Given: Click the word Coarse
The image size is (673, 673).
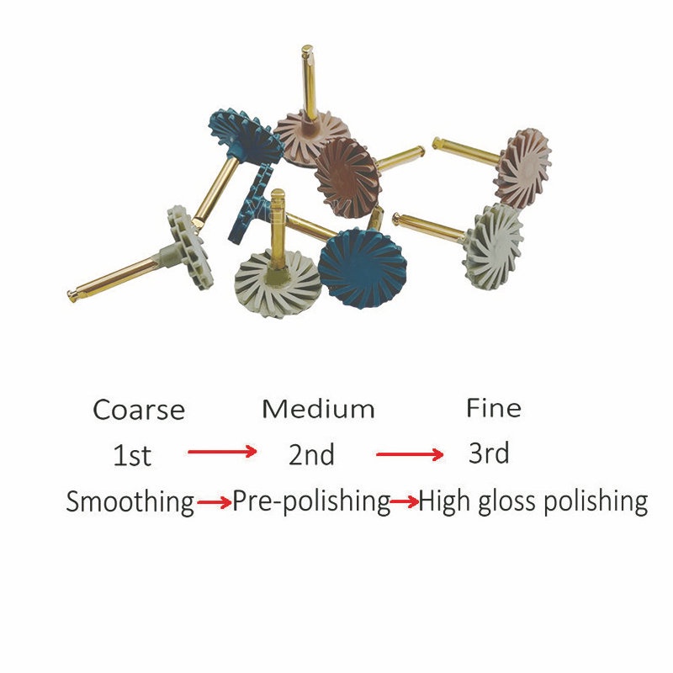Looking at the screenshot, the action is tap(139, 410).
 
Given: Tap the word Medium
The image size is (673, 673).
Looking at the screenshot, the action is tap(318, 408).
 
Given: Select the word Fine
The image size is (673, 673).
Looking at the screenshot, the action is tap(494, 408).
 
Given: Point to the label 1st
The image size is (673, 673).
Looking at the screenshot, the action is tap(132, 455).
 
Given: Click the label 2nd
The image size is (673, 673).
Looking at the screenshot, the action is tap(311, 454).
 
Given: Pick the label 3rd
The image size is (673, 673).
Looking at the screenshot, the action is tap(489, 453).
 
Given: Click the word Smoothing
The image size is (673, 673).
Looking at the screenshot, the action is tap(130, 501).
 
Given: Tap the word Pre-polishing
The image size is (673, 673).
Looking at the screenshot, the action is tap(311, 501).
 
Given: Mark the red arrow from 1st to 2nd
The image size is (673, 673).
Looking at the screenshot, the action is tap(222, 452).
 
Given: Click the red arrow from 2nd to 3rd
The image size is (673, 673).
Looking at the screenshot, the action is tap(410, 454).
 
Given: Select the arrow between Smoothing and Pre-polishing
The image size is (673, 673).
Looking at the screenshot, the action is tap(215, 502).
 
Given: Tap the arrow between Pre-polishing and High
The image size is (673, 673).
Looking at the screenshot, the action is tap(405, 501).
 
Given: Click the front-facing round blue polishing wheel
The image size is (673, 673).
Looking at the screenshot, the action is tap(363, 268).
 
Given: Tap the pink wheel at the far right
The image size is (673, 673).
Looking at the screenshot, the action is tap(522, 168).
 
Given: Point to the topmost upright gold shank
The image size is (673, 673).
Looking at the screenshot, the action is tap(309, 82).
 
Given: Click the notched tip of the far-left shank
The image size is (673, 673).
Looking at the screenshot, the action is tap(72, 295).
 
